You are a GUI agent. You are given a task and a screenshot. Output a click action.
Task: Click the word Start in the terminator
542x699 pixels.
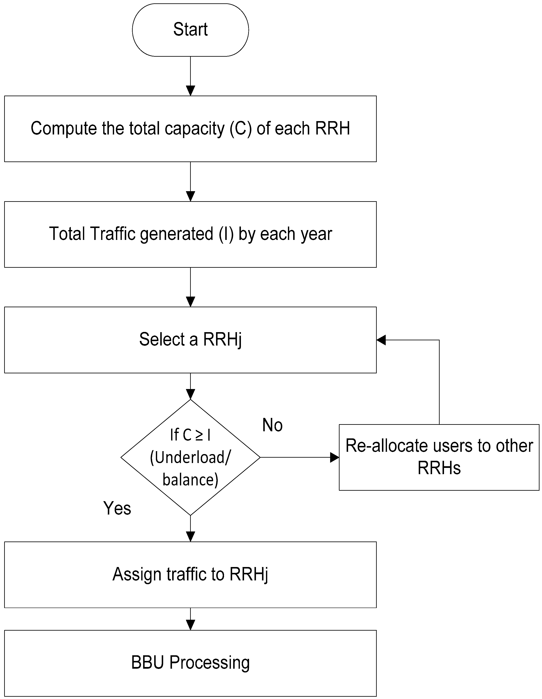coord(190,29)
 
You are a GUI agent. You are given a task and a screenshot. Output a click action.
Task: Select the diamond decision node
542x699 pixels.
coord(190,457)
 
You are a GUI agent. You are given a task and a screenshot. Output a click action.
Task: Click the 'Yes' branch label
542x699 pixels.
coord(117,508)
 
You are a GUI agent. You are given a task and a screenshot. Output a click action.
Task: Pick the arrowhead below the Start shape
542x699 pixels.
coord(190,91)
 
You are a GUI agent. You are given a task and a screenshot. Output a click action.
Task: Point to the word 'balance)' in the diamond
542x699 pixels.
coord(190,479)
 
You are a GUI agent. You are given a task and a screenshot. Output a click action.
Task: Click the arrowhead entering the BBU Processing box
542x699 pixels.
coord(190,625)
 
